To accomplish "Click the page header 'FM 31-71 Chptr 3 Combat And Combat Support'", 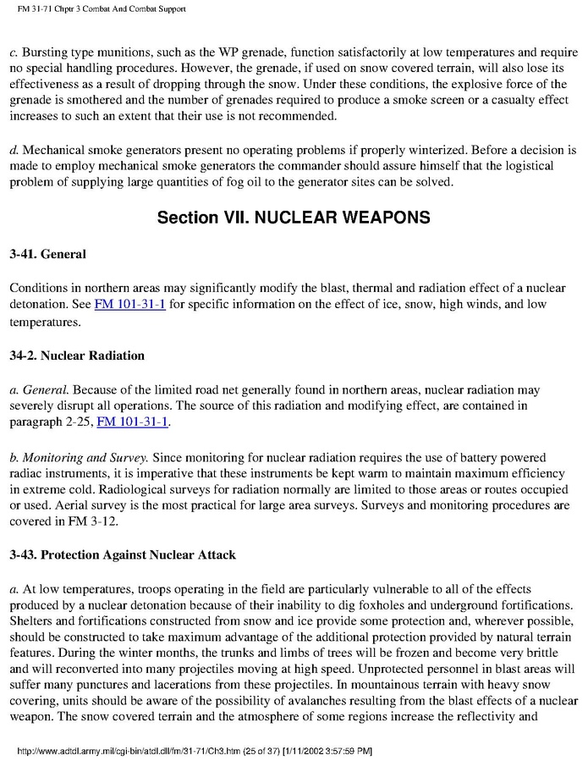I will (96, 8).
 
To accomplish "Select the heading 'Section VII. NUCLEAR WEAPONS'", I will (294, 218).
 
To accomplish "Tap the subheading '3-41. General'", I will (47, 253).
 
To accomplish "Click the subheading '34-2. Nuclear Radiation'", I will (77, 356).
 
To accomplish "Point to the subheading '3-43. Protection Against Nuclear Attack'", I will (123, 555).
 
